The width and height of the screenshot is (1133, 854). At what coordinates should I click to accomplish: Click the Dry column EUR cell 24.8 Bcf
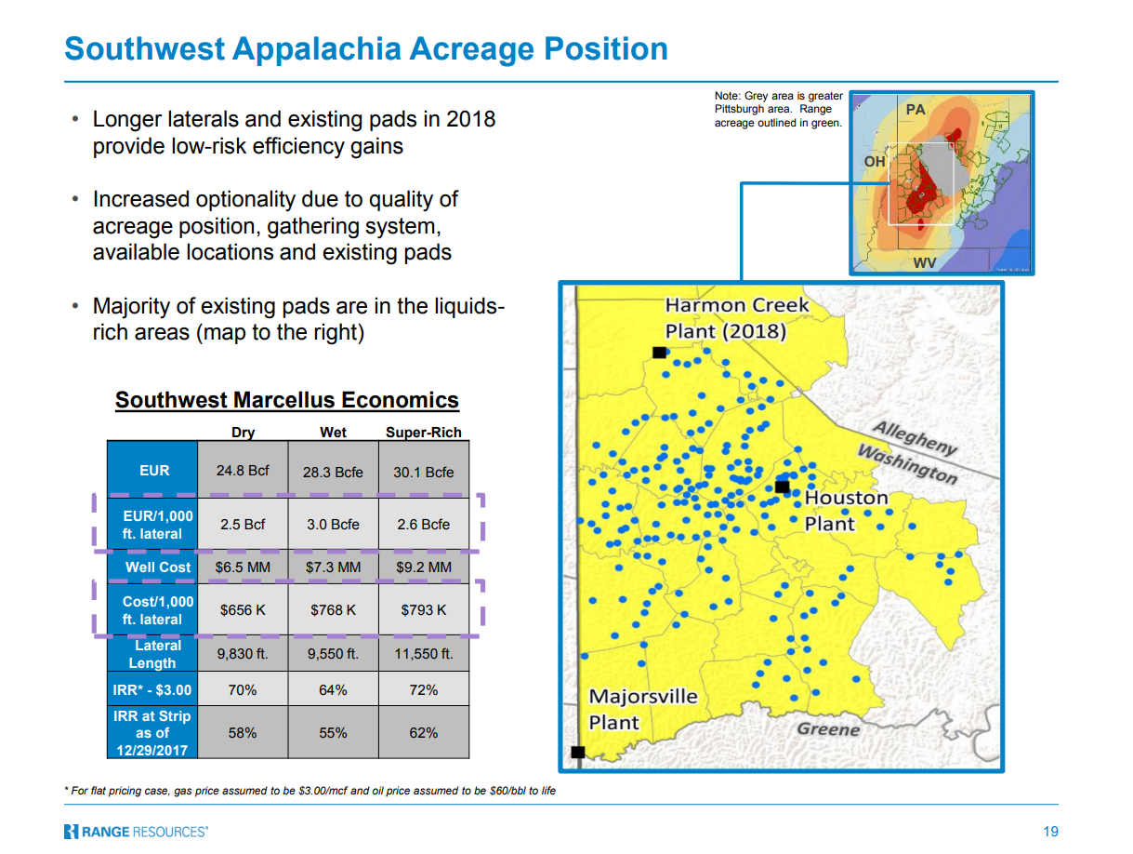pos(242,470)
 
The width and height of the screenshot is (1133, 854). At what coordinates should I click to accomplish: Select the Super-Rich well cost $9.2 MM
pos(423,567)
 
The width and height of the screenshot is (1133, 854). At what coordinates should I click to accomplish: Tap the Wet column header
pos(333,432)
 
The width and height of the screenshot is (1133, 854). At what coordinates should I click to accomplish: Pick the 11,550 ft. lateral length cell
pos(423,654)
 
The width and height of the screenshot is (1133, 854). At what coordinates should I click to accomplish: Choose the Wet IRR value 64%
pos(333,689)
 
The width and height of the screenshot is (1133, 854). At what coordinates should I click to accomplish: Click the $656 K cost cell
pos(242,609)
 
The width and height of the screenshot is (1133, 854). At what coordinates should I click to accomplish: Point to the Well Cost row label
pos(158,567)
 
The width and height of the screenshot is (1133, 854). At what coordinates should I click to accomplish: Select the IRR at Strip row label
pos(152,732)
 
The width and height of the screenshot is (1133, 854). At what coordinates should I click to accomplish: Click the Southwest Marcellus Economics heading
pos(287,400)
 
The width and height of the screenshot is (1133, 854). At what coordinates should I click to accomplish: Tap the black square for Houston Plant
pos(782,487)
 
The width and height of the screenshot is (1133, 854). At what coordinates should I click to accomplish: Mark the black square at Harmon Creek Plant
pos(659,353)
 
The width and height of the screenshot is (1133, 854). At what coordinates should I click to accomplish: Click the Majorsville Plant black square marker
pos(577,752)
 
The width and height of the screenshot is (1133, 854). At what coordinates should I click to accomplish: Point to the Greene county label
pos(828,729)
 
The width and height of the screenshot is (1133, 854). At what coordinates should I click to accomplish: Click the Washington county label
pos(907,464)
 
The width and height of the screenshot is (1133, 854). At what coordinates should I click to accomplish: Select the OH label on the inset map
pos(875,162)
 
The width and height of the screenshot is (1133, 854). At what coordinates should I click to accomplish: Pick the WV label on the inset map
pos(925,263)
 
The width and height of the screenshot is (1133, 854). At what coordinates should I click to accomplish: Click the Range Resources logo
pos(136,832)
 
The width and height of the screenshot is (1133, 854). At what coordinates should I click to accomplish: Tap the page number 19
pos(1050,832)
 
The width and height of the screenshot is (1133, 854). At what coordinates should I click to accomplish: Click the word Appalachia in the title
pos(317,49)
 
